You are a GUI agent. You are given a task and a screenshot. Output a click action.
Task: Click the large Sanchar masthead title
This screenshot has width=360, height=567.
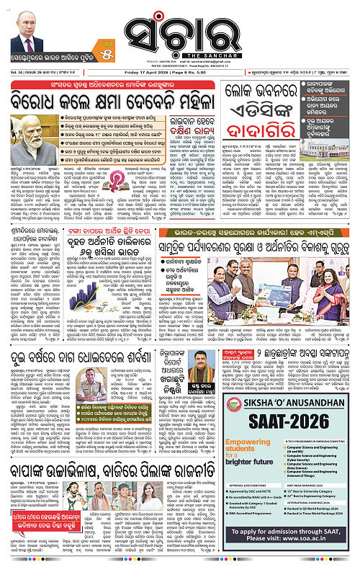(181, 27)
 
